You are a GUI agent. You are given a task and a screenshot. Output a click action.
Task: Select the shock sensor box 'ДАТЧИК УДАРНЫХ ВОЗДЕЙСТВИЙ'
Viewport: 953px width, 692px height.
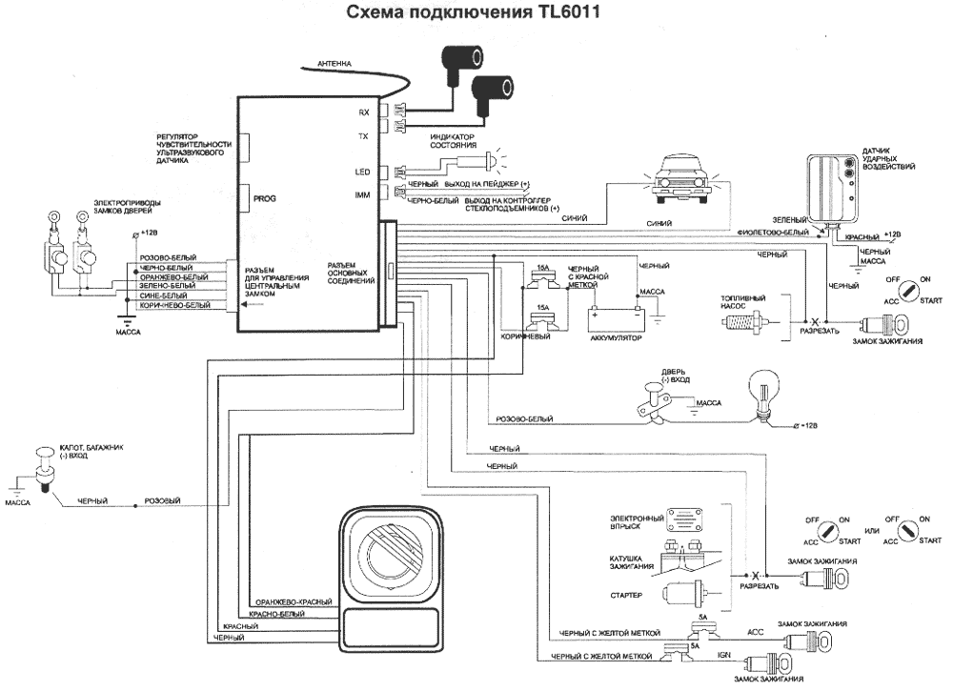[830, 188]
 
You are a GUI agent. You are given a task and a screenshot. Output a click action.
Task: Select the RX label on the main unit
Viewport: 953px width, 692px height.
[363, 112]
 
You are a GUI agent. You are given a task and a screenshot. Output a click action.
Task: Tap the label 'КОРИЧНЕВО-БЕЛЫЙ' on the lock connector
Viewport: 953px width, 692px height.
[174, 305]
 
